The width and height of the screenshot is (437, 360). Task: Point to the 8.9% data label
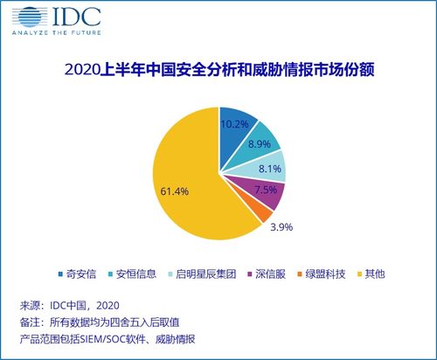click(x=259, y=143)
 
